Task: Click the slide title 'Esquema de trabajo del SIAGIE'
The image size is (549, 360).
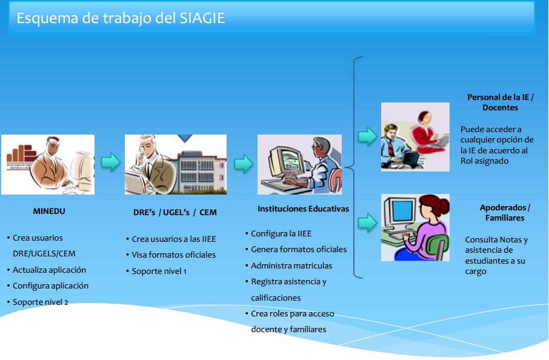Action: [x=121, y=18]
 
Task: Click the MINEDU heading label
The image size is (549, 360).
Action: [x=48, y=212]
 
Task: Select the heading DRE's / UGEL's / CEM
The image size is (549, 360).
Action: [x=175, y=212]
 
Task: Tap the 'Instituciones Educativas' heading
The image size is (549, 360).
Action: [x=304, y=208]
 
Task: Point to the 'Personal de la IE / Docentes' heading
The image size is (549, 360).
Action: [x=500, y=102]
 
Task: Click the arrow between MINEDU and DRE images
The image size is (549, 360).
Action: [x=110, y=162]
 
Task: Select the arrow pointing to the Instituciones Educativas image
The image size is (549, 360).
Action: [x=243, y=164]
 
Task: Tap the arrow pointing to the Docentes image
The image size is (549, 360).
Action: [x=367, y=136]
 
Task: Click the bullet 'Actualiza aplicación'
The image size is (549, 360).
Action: [x=49, y=270]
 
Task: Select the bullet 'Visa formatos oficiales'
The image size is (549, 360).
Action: [x=173, y=255]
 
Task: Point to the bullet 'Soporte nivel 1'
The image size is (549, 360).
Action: [x=159, y=271]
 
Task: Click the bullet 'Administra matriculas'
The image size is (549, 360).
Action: [x=291, y=265]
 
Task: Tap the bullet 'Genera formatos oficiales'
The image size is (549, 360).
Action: [x=299, y=249]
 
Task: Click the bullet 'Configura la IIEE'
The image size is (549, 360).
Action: [x=281, y=233]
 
